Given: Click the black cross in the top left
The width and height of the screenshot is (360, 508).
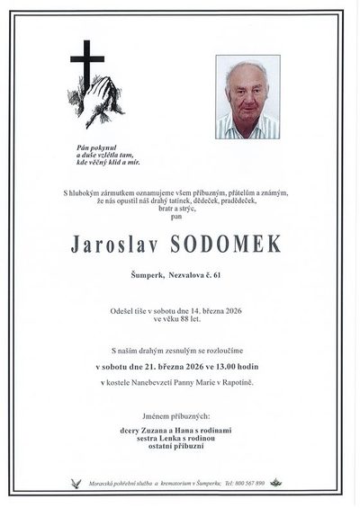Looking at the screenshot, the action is click(x=87, y=67).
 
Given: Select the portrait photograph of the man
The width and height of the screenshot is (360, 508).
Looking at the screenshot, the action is click(x=247, y=97).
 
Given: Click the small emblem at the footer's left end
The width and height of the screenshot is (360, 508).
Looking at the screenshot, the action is click(x=76, y=483).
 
